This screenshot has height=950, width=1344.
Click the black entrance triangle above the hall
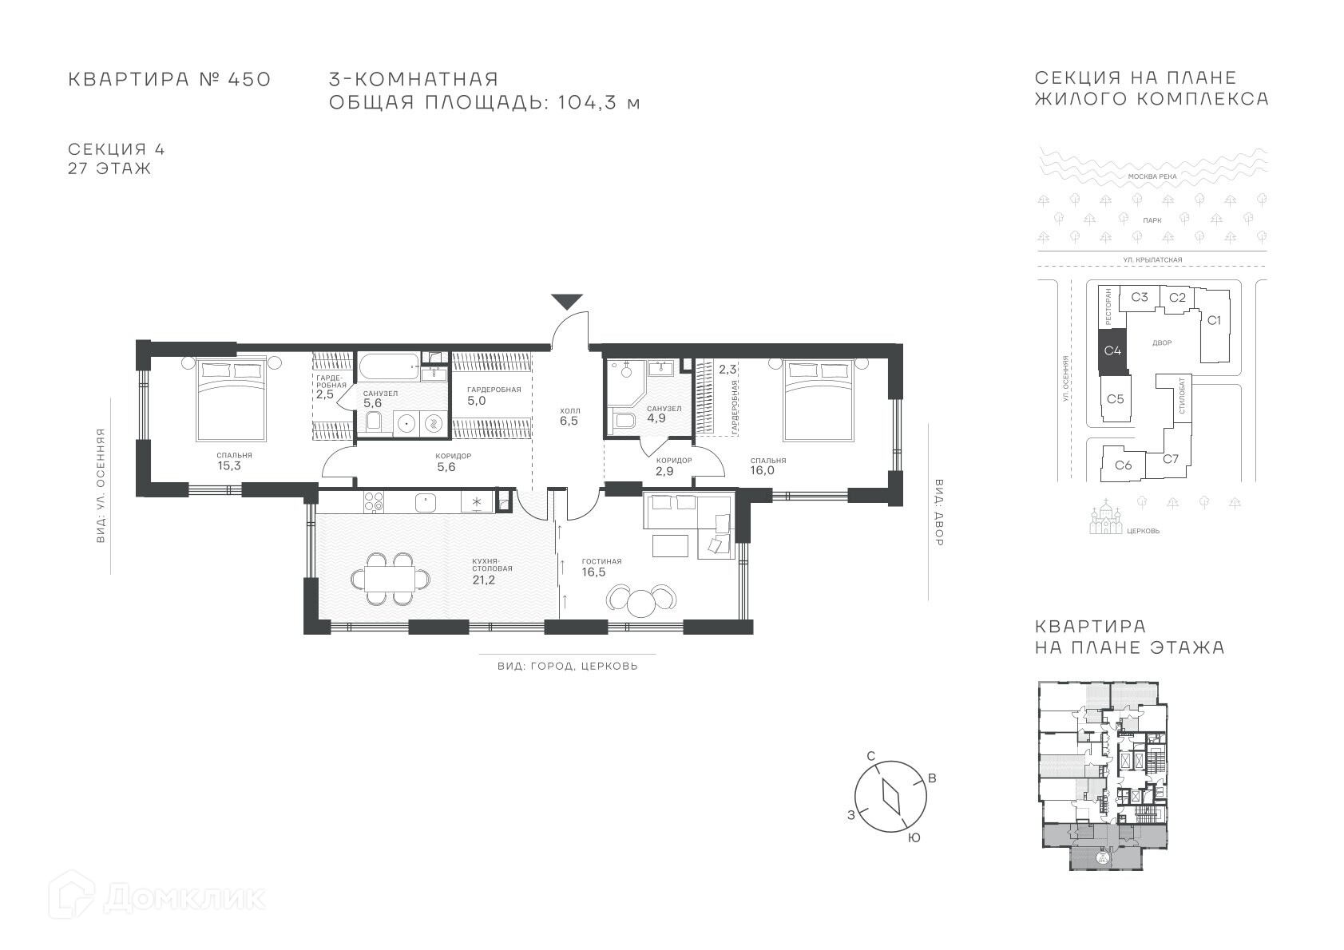(x=567, y=301)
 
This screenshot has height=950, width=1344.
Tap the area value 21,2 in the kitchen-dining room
(x=484, y=580)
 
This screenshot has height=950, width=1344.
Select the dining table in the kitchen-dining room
(x=391, y=579)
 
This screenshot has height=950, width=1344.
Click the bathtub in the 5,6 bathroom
(x=390, y=366)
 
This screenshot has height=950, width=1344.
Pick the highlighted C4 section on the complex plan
(x=1113, y=350)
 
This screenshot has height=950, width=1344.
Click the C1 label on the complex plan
(x=1214, y=320)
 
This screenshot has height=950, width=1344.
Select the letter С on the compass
(x=871, y=756)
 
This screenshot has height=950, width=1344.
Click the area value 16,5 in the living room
(x=593, y=572)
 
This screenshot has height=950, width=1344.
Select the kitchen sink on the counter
(x=426, y=502)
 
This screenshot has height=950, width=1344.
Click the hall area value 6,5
(x=569, y=421)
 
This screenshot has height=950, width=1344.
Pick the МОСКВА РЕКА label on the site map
(x=1152, y=176)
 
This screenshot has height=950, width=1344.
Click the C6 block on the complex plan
(x=1124, y=465)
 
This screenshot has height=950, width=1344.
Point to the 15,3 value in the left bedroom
(x=229, y=465)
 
